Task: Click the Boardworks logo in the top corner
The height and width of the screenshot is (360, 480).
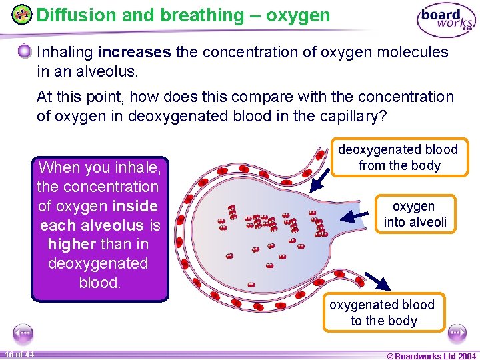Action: (446, 20)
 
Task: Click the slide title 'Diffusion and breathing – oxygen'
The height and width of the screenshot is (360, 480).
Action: (183, 15)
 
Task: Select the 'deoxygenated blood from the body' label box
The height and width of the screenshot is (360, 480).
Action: (399, 157)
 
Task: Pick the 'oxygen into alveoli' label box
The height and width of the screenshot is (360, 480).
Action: (415, 214)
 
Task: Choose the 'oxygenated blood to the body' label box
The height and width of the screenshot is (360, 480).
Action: (383, 312)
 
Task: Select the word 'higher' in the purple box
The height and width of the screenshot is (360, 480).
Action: (70, 244)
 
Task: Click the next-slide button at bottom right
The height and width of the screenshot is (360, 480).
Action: (457, 332)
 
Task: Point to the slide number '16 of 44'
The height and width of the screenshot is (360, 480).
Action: (20, 355)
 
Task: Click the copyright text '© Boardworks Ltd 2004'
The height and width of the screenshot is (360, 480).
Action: (431, 356)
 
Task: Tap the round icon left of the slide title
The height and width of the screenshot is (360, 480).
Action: (23, 15)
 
